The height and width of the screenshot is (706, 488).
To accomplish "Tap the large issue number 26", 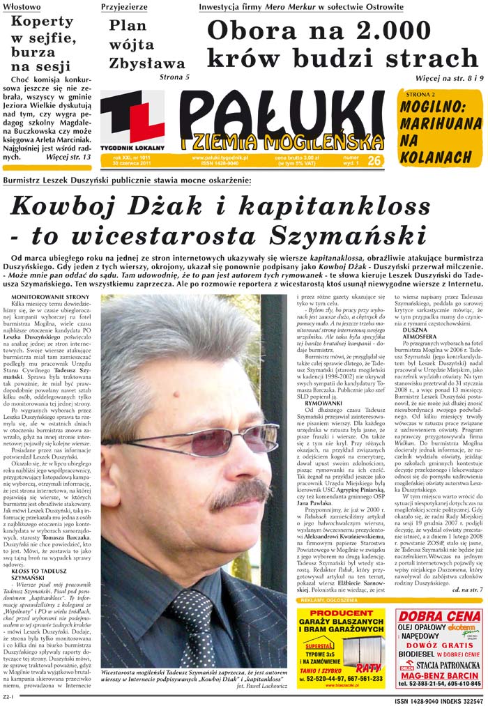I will (374, 141).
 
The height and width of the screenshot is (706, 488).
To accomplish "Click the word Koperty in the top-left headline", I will (43, 21).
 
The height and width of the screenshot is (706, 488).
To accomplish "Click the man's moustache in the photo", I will (239, 491).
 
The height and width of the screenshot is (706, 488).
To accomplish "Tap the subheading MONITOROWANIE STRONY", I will (50, 298).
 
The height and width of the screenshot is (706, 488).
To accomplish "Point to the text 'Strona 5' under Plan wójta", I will (174, 77).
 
